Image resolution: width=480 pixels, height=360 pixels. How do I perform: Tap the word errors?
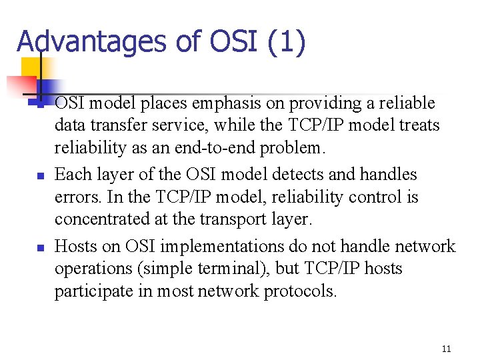tap(76, 198)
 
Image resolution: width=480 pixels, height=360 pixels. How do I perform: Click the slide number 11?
tap(447, 349)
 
